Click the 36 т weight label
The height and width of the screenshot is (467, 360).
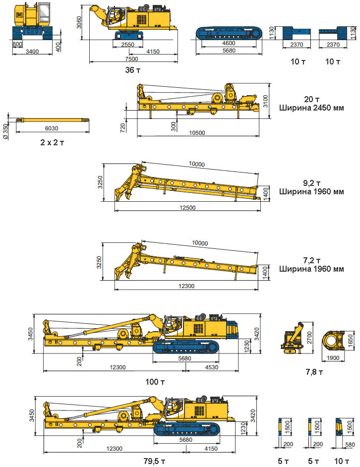click(133, 70)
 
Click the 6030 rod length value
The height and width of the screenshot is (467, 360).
click(51, 128)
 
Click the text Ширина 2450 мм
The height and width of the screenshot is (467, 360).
click(311, 108)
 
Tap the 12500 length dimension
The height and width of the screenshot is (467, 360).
click(187, 207)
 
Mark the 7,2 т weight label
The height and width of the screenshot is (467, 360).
click(311, 261)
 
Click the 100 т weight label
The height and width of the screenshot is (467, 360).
click(155, 382)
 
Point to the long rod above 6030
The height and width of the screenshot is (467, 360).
click(52, 120)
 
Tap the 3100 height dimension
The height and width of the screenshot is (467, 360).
click(266, 101)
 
